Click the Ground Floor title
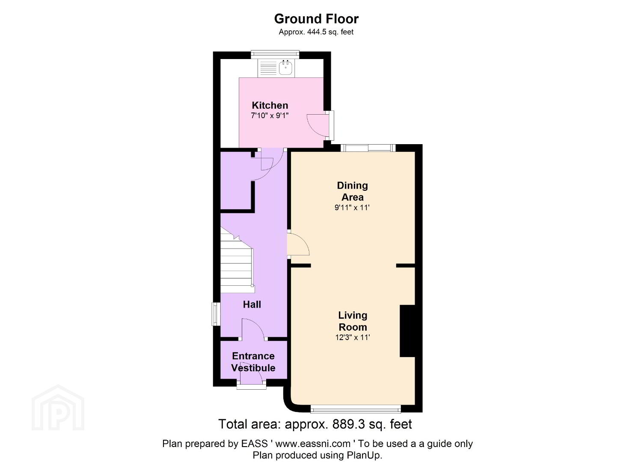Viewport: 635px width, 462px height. [316, 19]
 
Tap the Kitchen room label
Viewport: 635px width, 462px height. [270, 105]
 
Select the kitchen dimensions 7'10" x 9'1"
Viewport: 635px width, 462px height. [270, 115]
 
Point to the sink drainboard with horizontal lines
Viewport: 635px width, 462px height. [268, 68]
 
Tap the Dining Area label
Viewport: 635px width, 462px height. [352, 191]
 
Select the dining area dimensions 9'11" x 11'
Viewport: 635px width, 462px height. [352, 208]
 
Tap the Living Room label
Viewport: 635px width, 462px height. [353, 321]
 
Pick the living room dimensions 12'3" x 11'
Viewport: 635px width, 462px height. [353, 337]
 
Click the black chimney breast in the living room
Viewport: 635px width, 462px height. [407, 331]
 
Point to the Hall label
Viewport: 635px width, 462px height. [252, 305]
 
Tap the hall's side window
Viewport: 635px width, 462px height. [216, 314]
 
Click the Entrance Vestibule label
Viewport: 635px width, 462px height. [253, 362]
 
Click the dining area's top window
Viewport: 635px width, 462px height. [368, 148]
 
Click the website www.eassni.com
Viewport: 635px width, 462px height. [313, 444]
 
